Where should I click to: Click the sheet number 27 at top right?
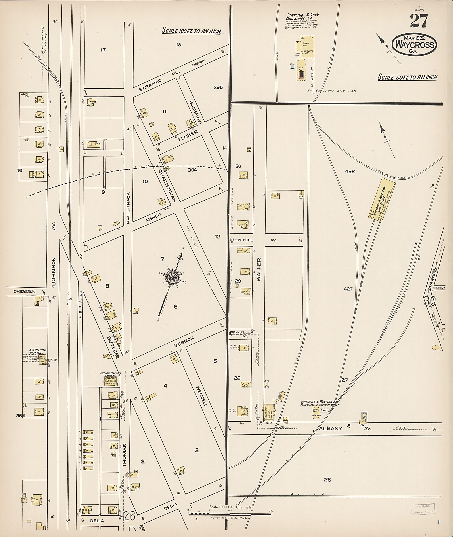[x=419, y=21]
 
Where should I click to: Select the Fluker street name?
[x=188, y=135]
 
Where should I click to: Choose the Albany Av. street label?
[x=344, y=428]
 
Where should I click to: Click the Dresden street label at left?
[x=24, y=292]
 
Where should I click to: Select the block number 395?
[x=218, y=87]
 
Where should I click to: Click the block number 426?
[x=350, y=172]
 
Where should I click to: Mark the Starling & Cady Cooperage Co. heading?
[x=303, y=17]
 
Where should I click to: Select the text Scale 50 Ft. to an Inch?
[x=407, y=77]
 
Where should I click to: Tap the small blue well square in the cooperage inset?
[x=292, y=67]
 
